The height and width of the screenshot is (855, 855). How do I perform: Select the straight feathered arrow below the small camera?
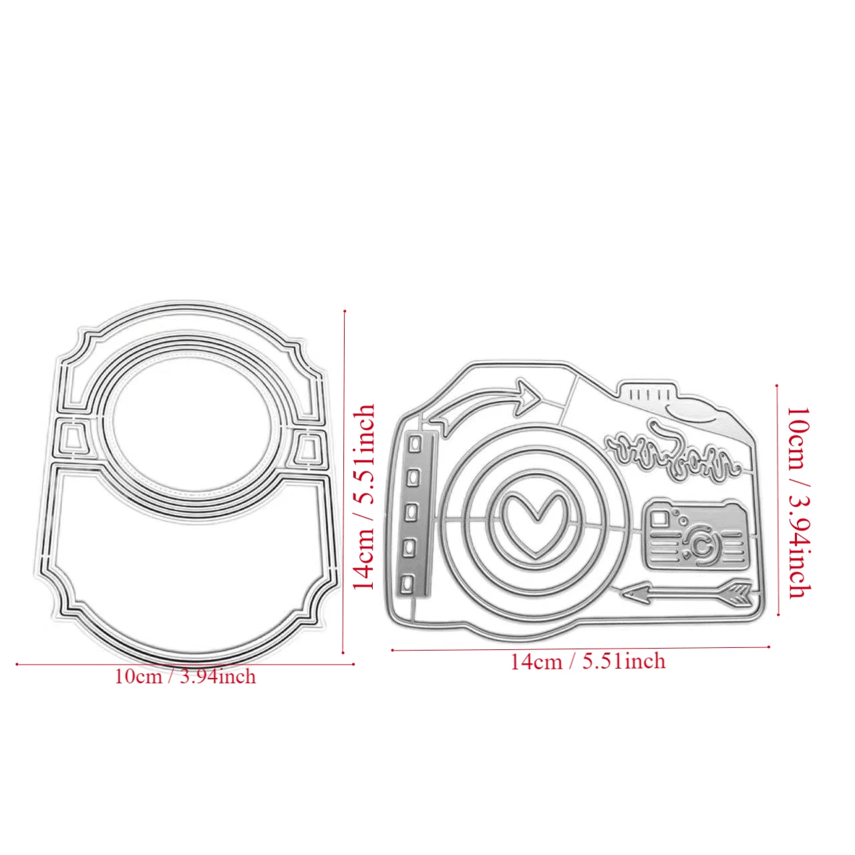(687, 593)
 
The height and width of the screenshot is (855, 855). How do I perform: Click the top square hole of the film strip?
(415, 444)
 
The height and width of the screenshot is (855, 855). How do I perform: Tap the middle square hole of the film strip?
(412, 513)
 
